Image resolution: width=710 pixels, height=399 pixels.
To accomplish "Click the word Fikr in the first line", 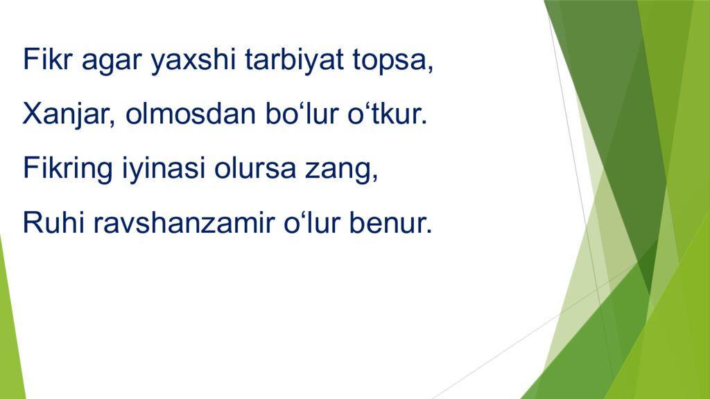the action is point(48,59).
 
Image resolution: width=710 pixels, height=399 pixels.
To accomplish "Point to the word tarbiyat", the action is point(294,60).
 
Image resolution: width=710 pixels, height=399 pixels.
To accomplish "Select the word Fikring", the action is point(67,169).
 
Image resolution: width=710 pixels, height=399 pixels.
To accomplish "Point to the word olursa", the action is point(255,168).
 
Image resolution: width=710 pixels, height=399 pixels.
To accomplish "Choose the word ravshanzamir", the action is point(184,222).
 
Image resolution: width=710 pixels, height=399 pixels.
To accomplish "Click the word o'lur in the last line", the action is point(311,222).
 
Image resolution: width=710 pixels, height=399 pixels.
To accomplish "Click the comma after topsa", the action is point(430,69).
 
